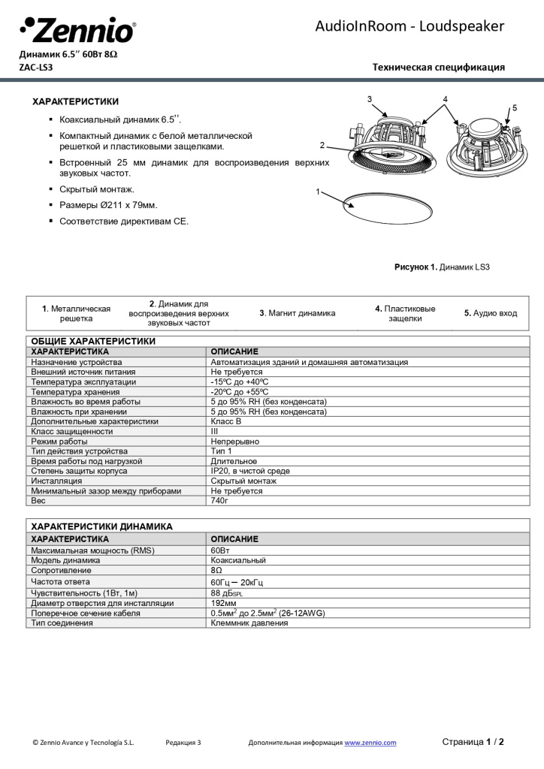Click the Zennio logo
point(77,30)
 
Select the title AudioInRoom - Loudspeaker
point(410,26)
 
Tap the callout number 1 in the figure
point(319,191)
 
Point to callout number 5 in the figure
point(515,107)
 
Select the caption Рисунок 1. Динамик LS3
point(442,267)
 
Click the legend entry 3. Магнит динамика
point(297,313)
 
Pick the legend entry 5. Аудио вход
point(490,313)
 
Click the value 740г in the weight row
point(219,500)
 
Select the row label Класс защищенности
point(72,431)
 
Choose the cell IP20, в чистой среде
point(250,471)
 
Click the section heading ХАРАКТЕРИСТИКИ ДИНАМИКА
point(101,526)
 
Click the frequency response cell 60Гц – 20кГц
point(237,582)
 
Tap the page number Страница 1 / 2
point(473,742)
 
